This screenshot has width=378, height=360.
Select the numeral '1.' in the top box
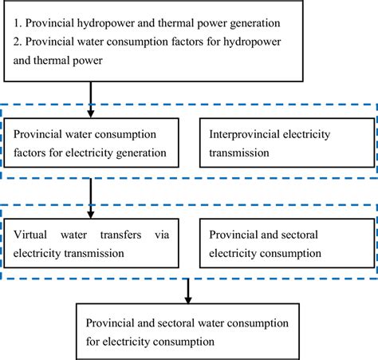click(19, 23)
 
